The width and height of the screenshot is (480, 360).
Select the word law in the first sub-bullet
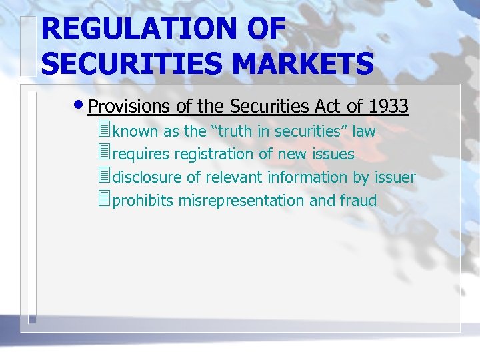[x=364, y=131]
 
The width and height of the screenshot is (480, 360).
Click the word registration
[x=214, y=155]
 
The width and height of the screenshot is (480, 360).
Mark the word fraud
[x=358, y=201]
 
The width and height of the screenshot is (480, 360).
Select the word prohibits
[x=143, y=201]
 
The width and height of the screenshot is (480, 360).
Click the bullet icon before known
[x=102, y=131]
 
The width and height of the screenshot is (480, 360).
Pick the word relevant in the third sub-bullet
[x=234, y=177]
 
